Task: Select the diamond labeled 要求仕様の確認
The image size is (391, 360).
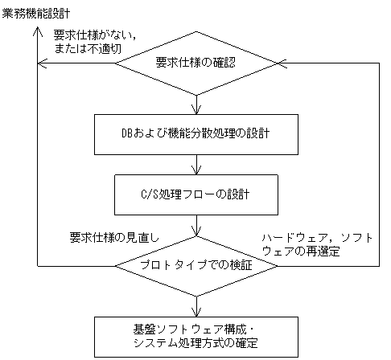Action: click(x=197, y=61)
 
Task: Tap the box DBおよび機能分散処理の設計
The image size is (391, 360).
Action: click(x=197, y=133)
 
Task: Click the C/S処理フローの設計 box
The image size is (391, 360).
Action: click(x=197, y=194)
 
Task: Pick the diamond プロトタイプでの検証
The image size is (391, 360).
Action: click(x=197, y=264)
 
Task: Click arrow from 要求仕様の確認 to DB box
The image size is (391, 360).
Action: click(x=197, y=103)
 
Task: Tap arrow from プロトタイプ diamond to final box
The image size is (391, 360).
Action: click(x=197, y=305)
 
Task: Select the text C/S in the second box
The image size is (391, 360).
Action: click(x=149, y=194)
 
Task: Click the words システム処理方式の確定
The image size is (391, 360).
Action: click(x=197, y=345)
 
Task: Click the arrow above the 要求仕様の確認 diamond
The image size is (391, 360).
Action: click(x=197, y=26)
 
